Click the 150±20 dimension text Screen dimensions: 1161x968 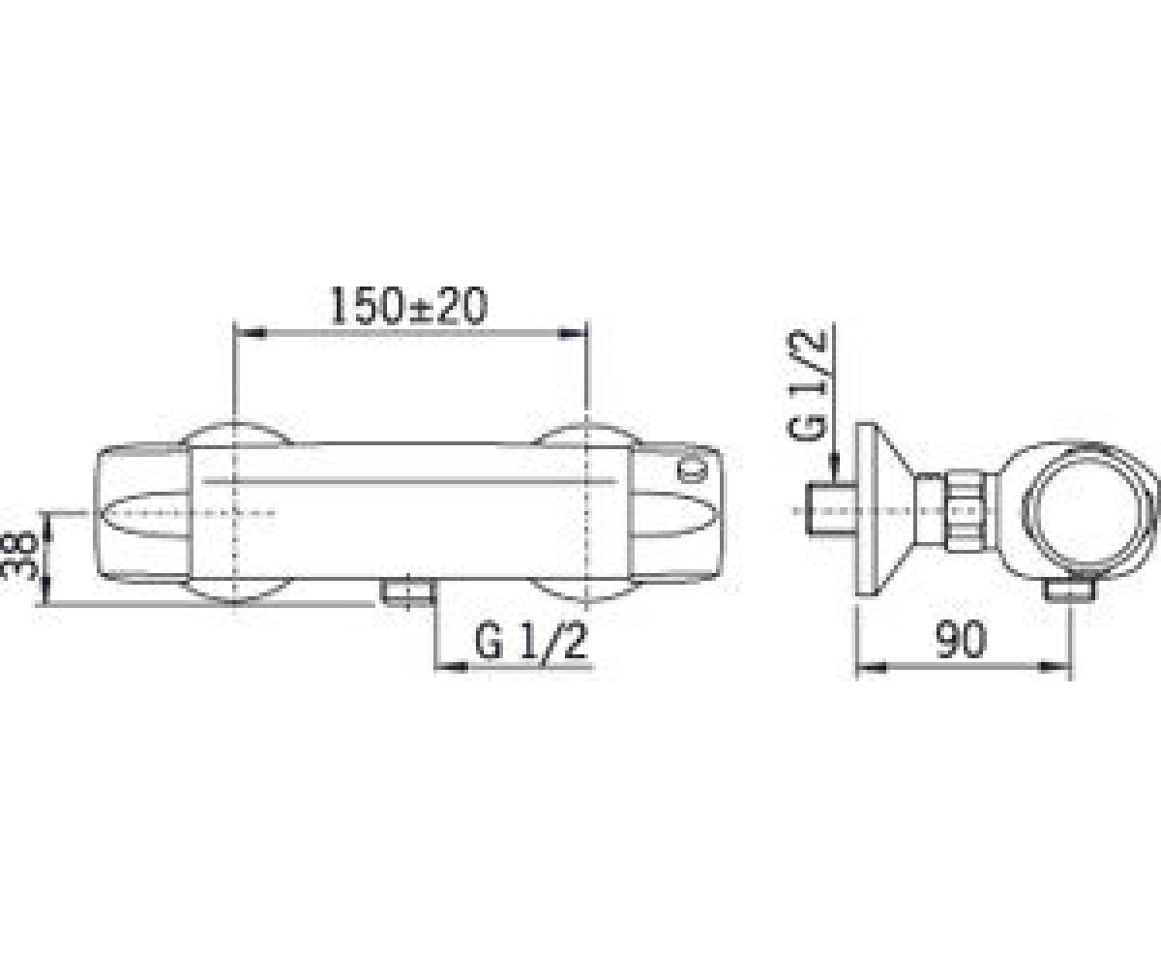pos(408,307)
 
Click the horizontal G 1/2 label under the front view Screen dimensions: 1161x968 pos(531,642)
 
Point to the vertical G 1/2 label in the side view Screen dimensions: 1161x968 pos(807,385)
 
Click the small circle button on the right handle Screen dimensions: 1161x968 pos(690,470)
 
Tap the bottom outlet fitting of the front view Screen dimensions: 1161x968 pos(408,591)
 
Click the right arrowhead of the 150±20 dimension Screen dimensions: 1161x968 pos(573,334)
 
